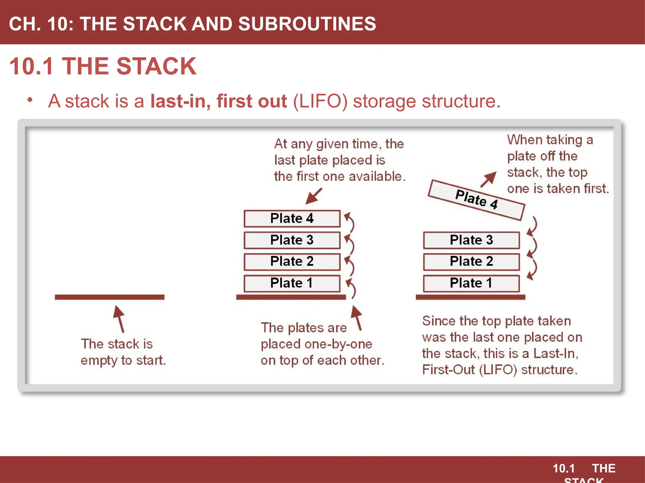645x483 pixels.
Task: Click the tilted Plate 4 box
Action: (476, 200)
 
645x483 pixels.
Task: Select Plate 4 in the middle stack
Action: (292, 219)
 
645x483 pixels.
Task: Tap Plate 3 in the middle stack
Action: (292, 240)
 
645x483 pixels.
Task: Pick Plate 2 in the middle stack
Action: (292, 262)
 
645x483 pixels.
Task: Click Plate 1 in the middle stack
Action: (292, 283)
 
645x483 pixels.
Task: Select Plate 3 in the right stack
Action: (471, 240)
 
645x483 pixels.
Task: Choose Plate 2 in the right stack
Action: (471, 262)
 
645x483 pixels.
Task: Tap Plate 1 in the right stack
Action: (471, 283)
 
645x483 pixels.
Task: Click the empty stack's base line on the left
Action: (109, 297)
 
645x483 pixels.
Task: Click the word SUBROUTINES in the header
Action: (307, 24)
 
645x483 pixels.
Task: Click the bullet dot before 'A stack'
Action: (30, 100)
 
